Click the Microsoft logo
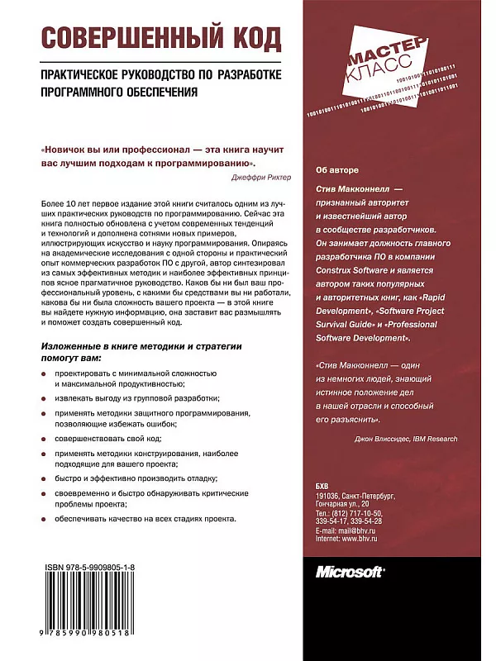click(353, 571)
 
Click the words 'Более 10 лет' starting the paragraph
click(64, 203)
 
